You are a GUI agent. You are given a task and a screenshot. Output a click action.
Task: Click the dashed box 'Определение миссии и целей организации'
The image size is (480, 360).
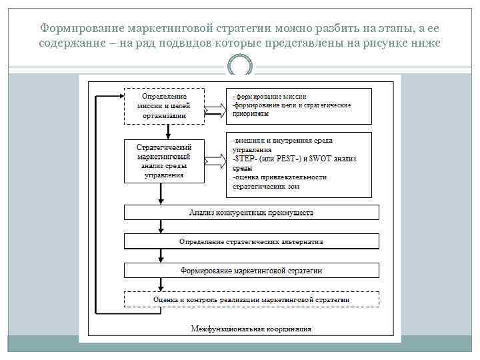coord(164,105)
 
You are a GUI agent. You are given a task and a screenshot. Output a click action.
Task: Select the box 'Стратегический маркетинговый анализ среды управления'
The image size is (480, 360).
coord(164,161)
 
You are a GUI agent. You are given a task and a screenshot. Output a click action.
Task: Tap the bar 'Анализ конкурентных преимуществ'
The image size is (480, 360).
coord(251,213)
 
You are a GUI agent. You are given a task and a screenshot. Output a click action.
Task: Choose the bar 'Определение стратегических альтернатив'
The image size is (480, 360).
coord(251,241)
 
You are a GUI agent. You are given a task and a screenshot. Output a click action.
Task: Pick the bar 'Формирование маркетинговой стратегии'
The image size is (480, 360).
coord(251,270)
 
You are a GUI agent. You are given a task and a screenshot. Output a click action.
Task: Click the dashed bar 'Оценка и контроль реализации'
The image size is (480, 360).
coord(251,300)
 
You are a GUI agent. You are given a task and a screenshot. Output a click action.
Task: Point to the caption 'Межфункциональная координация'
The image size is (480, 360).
coord(251,328)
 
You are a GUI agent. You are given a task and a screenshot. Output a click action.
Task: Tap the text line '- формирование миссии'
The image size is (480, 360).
coord(265,97)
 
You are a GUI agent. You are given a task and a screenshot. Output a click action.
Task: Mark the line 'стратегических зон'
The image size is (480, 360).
coord(266,187)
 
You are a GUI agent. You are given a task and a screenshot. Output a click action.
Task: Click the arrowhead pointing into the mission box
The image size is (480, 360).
coord(120,95)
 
